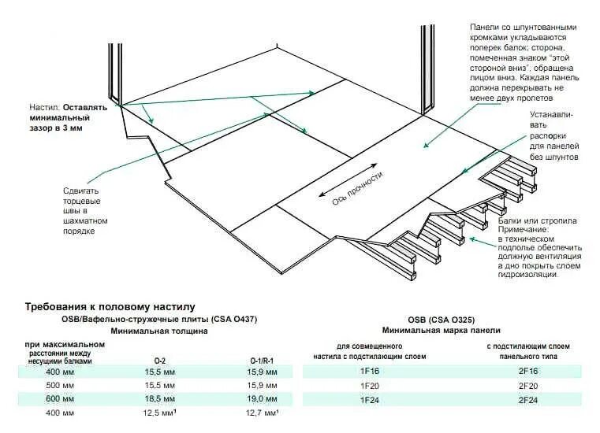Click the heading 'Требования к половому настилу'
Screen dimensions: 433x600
(x=110, y=305)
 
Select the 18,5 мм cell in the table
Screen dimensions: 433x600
(x=159, y=399)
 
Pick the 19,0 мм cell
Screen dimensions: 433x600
(x=259, y=399)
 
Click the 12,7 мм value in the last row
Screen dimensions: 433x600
(x=259, y=413)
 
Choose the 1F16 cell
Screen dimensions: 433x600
(x=370, y=371)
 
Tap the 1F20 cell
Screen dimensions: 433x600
(x=370, y=386)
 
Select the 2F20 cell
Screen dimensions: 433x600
(x=527, y=386)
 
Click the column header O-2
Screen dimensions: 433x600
(x=159, y=360)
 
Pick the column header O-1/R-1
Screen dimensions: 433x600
(x=259, y=360)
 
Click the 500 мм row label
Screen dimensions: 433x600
(x=61, y=386)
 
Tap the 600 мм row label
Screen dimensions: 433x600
(x=61, y=399)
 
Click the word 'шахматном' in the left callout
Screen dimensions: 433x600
(x=85, y=221)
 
